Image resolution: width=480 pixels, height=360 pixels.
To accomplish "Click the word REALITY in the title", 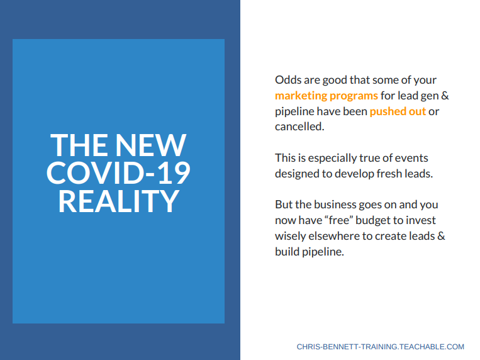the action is [118, 201].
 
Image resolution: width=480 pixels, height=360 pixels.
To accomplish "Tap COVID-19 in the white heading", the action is [118, 173].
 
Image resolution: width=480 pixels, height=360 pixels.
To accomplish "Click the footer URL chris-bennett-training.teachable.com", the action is [380, 347].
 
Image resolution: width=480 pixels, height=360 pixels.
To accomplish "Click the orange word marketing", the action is [301, 96].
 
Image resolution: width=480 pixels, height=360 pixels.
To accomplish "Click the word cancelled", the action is [299, 127].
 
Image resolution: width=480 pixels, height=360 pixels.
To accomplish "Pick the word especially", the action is [332, 158].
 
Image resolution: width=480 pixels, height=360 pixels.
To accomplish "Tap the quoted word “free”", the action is [337, 220].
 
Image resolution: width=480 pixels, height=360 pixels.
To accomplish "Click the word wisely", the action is [290, 236].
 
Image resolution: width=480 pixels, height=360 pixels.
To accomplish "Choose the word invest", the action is [421, 220].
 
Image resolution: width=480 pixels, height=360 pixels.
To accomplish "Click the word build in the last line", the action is [287, 252].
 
